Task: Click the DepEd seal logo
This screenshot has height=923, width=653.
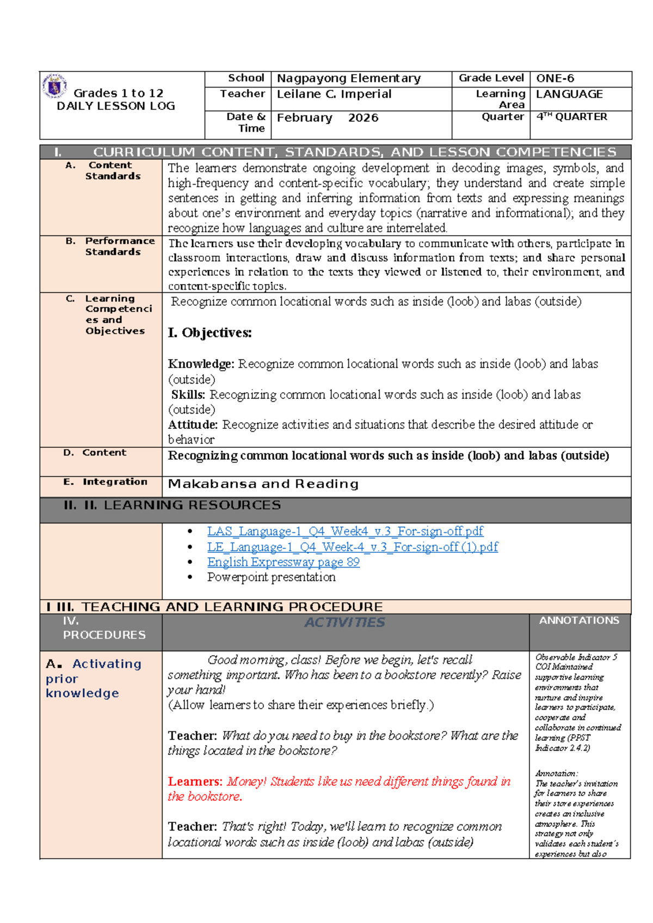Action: click(x=54, y=87)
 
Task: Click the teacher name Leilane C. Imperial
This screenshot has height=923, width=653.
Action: click(x=334, y=94)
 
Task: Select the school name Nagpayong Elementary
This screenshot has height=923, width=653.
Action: click(x=348, y=78)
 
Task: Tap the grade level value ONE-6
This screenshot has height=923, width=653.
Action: click(x=555, y=78)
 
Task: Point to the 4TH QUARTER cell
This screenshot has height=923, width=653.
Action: click(x=571, y=116)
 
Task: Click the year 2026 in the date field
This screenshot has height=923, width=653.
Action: click(x=363, y=118)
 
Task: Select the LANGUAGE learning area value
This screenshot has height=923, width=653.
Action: click(x=569, y=94)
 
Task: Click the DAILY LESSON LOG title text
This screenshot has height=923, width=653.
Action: click(x=116, y=106)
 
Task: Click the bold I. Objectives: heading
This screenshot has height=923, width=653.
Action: click(x=210, y=333)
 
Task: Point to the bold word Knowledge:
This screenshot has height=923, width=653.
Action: click(x=201, y=364)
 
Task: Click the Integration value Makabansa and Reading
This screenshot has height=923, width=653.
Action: click(x=263, y=484)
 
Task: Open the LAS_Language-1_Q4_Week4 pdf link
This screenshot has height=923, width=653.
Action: click(x=345, y=531)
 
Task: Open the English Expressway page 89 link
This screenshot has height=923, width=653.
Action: click(x=283, y=562)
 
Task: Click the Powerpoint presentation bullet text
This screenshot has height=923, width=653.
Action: click(x=271, y=577)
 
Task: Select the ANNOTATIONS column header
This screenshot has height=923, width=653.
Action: click(x=579, y=620)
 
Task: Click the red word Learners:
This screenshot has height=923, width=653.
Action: click(x=195, y=782)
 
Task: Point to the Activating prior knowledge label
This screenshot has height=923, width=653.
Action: click(x=94, y=678)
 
